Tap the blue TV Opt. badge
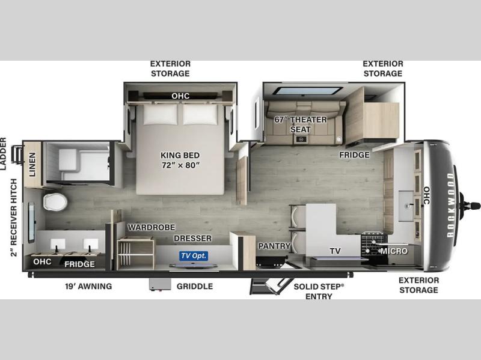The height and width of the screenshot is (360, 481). click(194, 256)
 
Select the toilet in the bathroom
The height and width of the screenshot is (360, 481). click(55, 202)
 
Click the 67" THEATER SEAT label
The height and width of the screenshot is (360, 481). click(300, 124)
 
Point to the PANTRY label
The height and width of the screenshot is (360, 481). click(274, 246)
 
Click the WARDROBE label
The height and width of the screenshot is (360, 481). click(152, 227)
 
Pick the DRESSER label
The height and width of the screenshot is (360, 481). click(192, 238)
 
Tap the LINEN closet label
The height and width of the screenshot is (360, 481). click(32, 165)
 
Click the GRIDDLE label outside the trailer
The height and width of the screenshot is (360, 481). click(195, 287)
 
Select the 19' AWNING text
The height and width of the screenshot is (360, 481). click(88, 287)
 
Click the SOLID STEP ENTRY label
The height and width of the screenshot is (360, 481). click(319, 291)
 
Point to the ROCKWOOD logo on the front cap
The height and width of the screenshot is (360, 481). click(450, 205)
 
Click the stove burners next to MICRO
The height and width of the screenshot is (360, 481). click(373, 245)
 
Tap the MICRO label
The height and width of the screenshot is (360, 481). click(394, 251)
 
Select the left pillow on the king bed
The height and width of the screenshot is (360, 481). click(161, 114)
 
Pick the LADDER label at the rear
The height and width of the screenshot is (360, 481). click(3, 154)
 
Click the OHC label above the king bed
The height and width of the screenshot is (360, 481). click(180, 96)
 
